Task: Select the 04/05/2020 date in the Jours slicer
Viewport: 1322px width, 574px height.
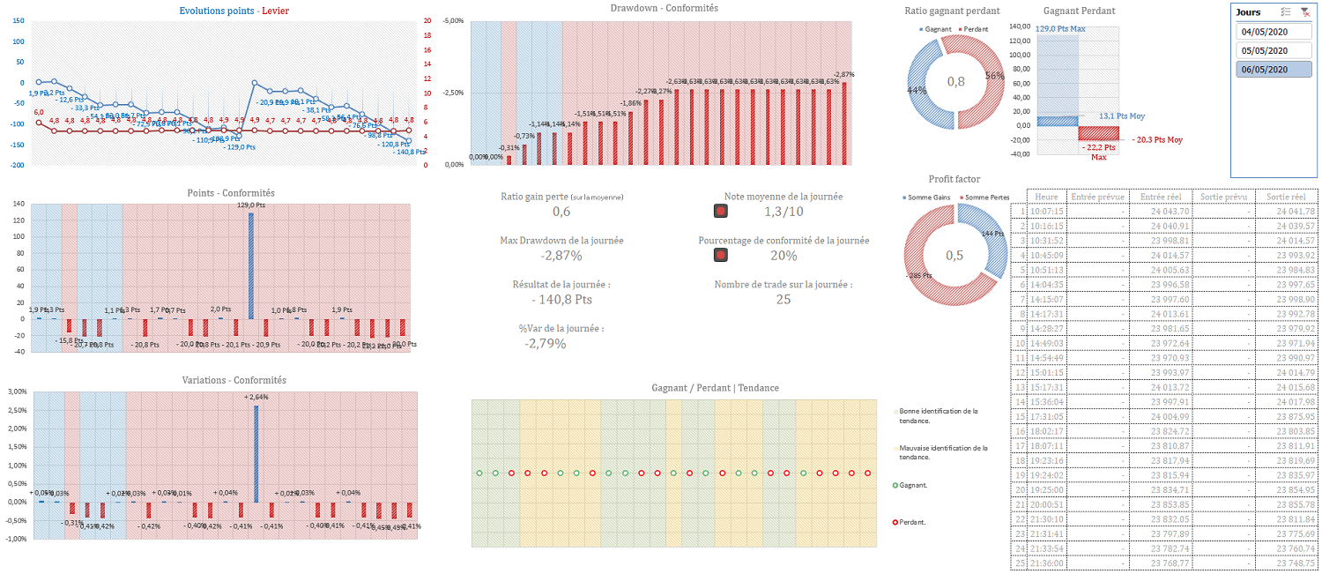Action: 1273,32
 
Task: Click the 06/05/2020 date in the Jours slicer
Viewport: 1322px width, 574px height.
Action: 1273,70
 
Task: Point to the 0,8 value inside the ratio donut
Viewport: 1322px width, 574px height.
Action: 956,82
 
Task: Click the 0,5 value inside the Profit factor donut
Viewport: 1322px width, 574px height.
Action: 956,255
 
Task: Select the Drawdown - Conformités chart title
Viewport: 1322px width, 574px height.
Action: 664,8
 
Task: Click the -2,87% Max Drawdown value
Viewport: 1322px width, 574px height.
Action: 561,256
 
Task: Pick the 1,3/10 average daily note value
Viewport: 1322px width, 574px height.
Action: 784,212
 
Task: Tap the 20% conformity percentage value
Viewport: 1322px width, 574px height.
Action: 784,256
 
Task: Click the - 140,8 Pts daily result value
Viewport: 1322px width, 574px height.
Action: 561,300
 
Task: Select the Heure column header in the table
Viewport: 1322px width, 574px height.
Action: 1047,197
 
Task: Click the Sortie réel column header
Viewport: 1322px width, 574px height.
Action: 1284,197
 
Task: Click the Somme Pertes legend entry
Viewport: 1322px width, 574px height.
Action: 986,197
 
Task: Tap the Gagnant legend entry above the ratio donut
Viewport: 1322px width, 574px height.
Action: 939,29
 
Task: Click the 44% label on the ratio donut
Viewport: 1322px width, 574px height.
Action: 917,90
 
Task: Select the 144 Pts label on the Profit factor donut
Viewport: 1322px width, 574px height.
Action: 994,234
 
